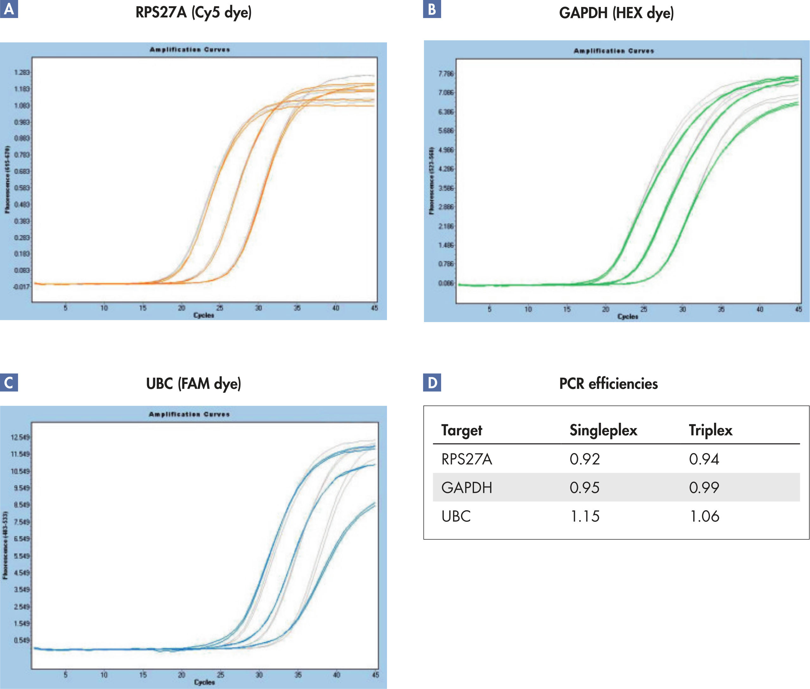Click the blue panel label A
pyautogui.click(x=9, y=9)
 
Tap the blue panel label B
pyautogui.click(x=432, y=9)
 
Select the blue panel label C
pyautogui.click(x=9, y=382)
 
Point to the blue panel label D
pyautogui.click(x=432, y=382)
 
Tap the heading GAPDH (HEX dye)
pyautogui.click(x=616, y=13)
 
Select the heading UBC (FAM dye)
pyautogui.click(x=193, y=383)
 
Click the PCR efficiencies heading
pyautogui.click(x=608, y=383)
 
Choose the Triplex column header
pyautogui.click(x=710, y=430)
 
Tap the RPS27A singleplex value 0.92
pyautogui.click(x=584, y=459)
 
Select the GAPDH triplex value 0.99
pyautogui.click(x=704, y=487)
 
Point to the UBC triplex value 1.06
pyautogui.click(x=704, y=516)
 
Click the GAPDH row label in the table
pyautogui.click(x=467, y=488)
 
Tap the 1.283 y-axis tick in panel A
pyautogui.click(x=22, y=73)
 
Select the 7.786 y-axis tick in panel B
pyautogui.click(x=446, y=74)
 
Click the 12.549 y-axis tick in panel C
pyautogui.click(x=20, y=437)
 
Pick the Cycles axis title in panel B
pyautogui.click(x=627, y=316)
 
